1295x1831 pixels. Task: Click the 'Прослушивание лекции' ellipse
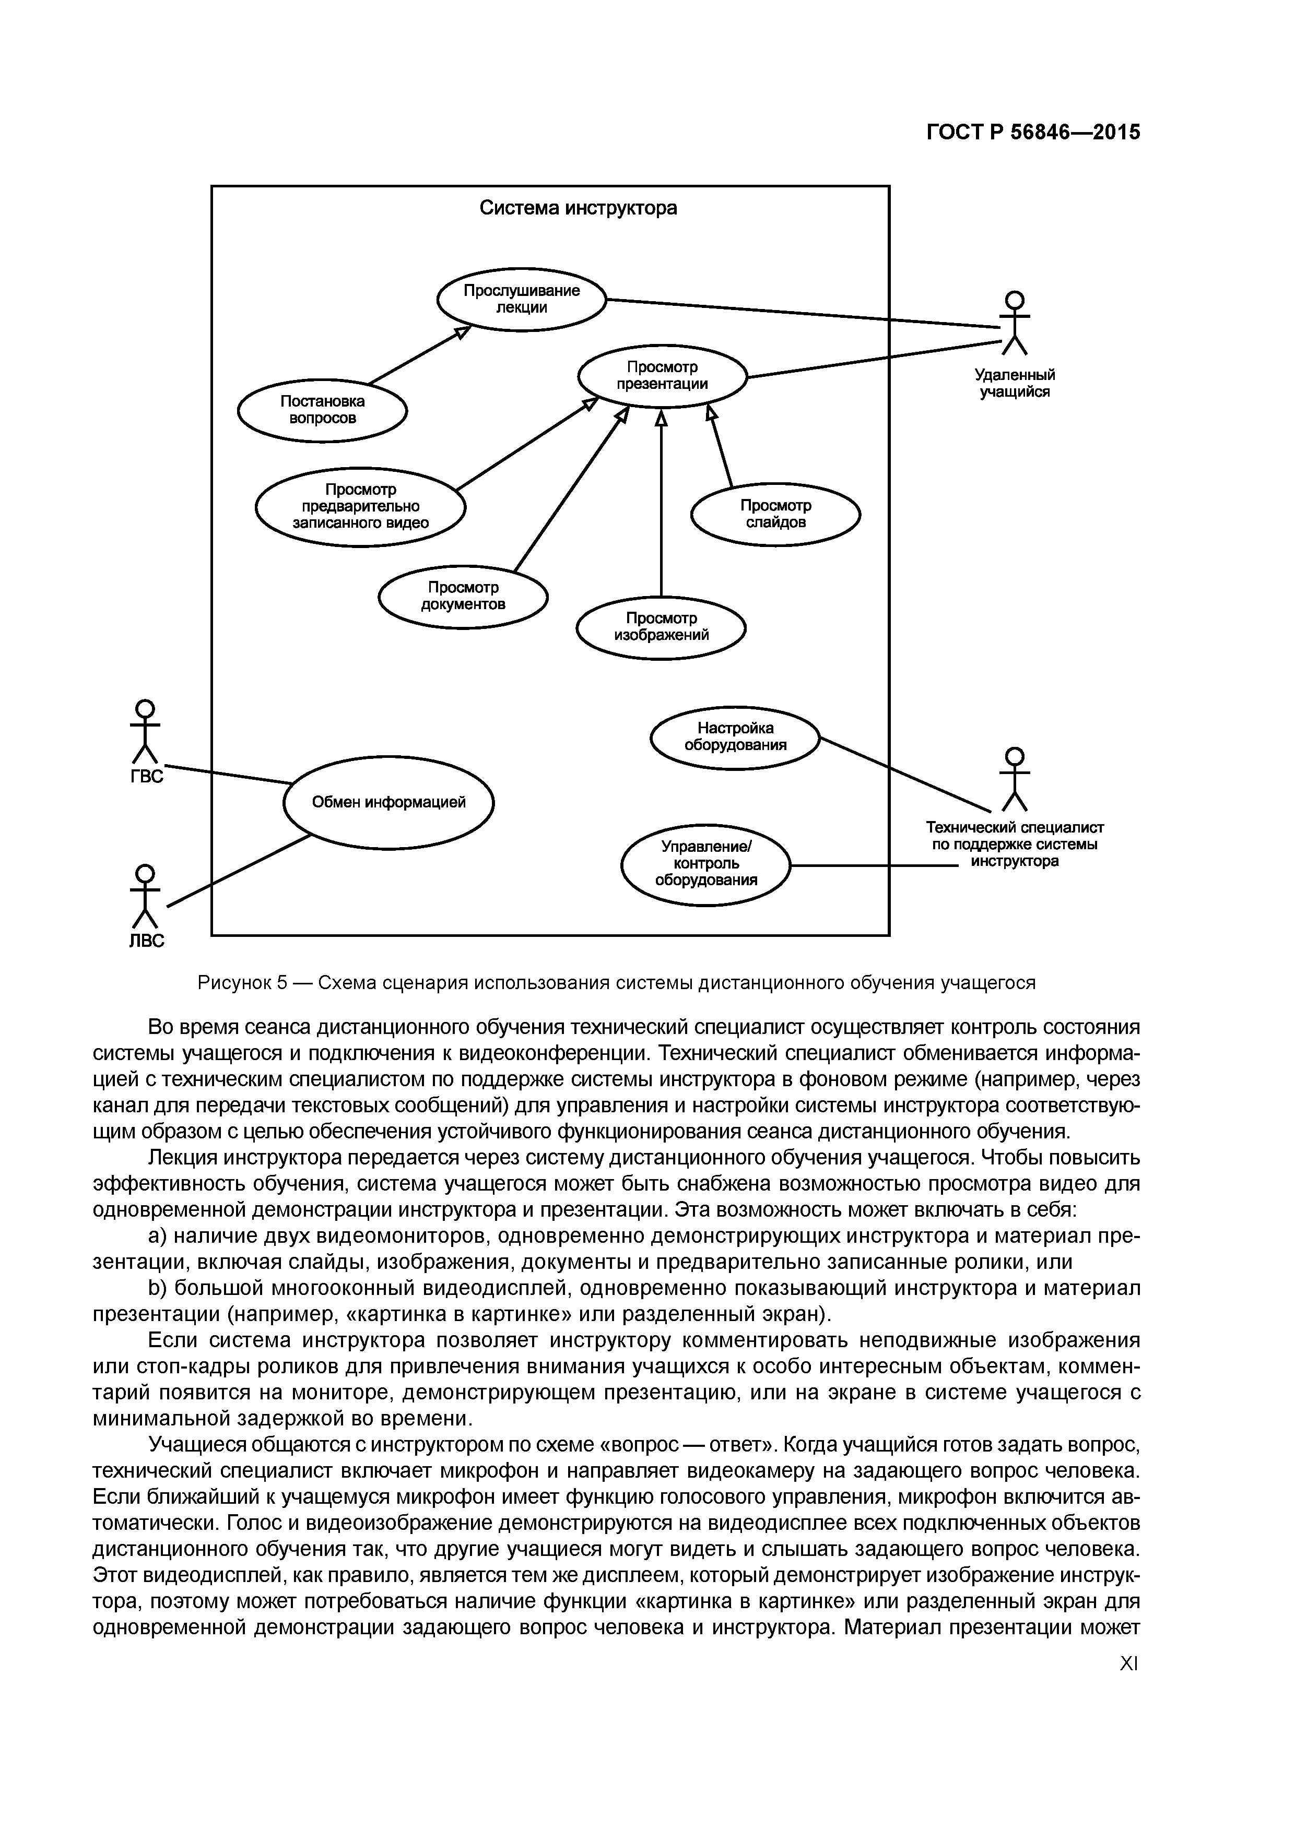522,299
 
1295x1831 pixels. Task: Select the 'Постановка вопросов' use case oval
322,410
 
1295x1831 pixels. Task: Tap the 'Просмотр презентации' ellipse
662,376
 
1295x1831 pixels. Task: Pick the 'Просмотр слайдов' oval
775,514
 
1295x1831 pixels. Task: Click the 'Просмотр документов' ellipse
463,597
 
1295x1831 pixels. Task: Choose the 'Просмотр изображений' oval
661,627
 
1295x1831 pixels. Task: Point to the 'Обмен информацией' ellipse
388,802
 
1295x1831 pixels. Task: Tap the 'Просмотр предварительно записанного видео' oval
361,506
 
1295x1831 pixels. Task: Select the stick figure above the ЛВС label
145,896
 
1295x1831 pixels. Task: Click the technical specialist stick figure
1014,778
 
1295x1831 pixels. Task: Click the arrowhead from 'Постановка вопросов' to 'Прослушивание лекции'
461,332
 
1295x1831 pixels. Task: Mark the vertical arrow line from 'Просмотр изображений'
661,510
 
